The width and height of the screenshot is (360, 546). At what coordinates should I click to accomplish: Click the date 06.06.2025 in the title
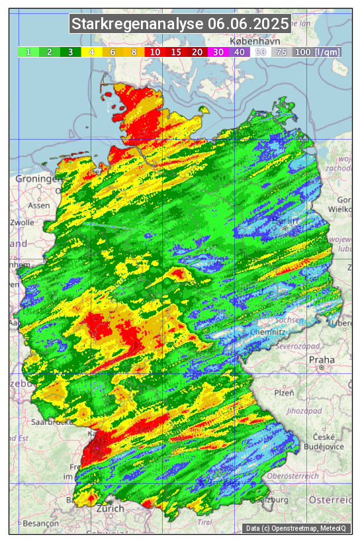[248, 24]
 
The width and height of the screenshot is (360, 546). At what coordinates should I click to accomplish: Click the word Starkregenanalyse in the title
[138, 24]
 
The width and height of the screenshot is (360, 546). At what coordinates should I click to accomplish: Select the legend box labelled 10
[155, 52]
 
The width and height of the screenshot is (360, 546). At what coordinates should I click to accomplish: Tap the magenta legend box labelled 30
[218, 52]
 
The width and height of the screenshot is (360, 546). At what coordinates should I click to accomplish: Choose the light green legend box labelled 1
[28, 52]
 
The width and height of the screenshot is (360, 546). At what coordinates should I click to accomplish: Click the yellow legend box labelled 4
[91, 52]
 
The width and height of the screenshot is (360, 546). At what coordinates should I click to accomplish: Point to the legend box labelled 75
[281, 52]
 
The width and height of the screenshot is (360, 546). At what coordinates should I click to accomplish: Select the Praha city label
[321, 360]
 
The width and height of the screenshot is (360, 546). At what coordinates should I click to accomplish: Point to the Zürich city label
[109, 509]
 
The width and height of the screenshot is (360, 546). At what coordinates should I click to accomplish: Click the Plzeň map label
[283, 392]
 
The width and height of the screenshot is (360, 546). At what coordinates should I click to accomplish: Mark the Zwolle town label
[21, 222]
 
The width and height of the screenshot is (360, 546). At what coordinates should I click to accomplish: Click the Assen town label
[39, 205]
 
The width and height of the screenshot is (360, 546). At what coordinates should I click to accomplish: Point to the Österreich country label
[332, 498]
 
